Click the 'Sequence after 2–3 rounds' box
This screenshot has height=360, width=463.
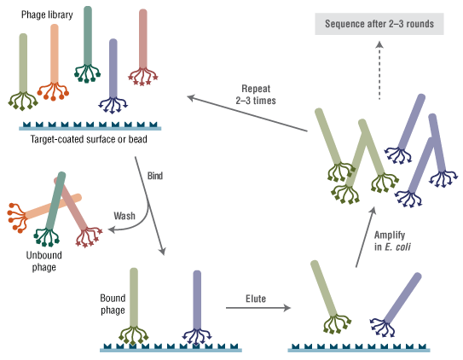coord(379,23)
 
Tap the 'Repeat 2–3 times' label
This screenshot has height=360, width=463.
coord(255,94)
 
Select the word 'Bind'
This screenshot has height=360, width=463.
coord(154,176)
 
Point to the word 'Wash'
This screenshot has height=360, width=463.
coord(124,216)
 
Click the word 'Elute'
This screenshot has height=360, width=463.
coord(255,299)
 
